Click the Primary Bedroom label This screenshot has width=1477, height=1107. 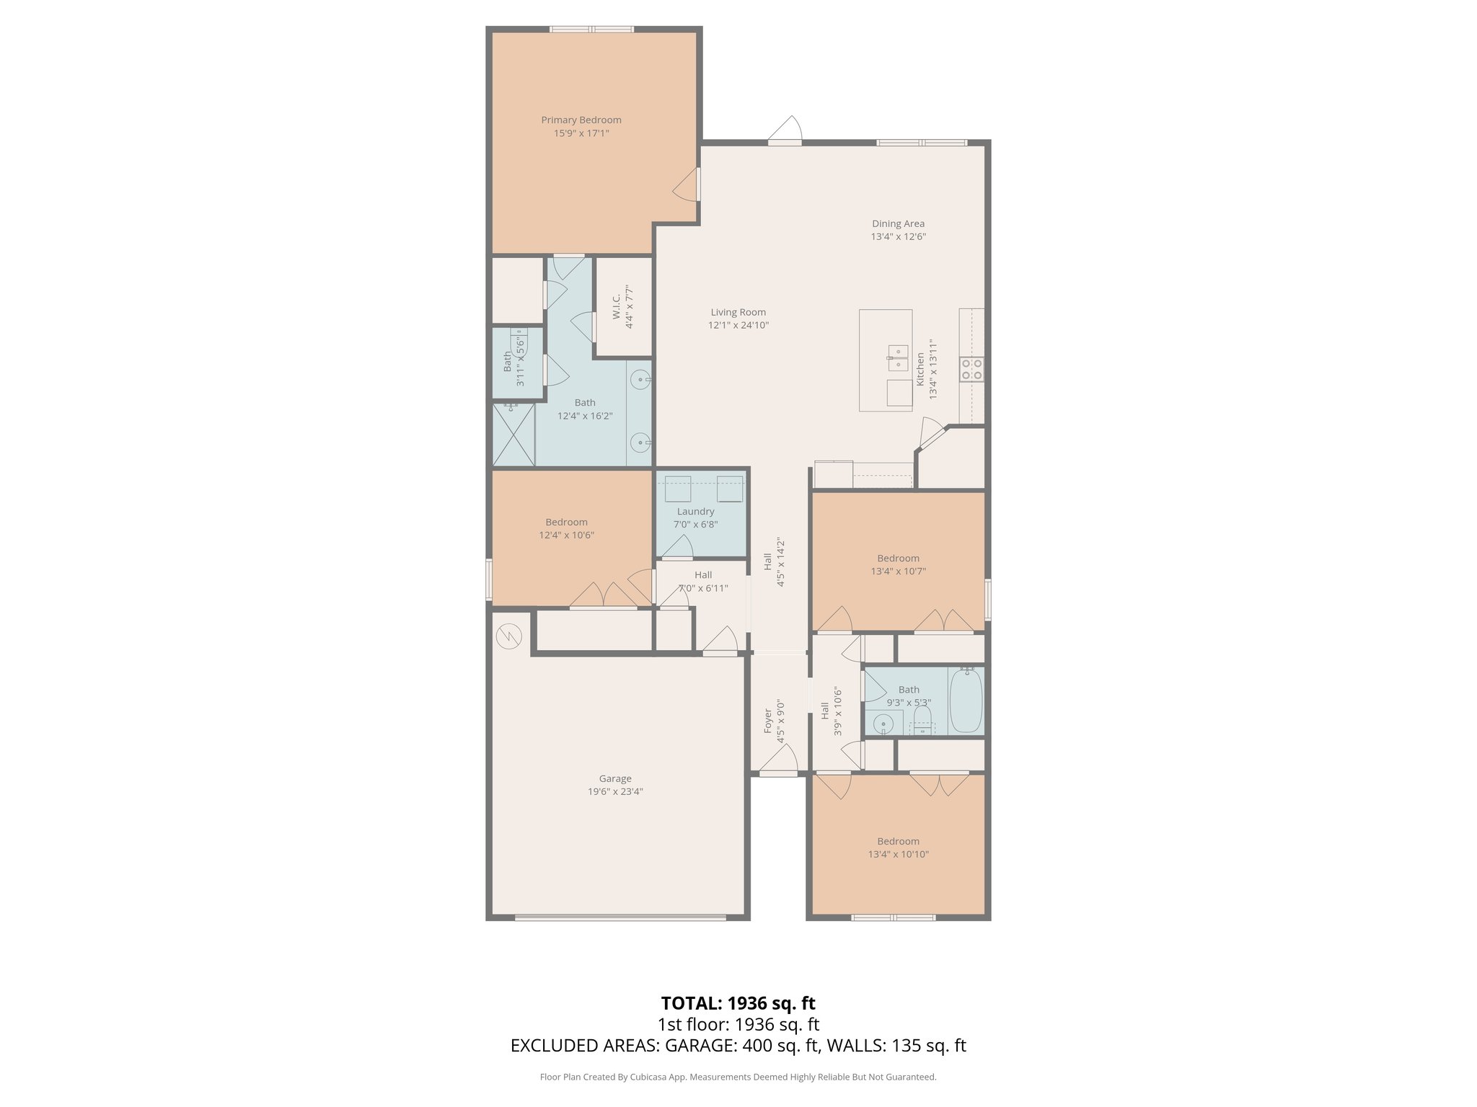click(x=581, y=120)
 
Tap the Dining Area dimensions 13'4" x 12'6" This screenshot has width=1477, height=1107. click(x=898, y=236)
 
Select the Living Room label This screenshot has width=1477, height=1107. click(x=738, y=312)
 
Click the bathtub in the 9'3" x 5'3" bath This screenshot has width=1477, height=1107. click(x=966, y=701)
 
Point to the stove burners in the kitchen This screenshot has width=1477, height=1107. click(x=971, y=370)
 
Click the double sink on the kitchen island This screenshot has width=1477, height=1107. click(x=897, y=352)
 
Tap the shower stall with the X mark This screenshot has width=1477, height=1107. click(x=513, y=435)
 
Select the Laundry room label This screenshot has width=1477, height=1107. click(x=695, y=512)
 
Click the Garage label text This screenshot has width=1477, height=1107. click(x=615, y=778)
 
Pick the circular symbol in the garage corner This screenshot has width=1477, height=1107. click(x=509, y=636)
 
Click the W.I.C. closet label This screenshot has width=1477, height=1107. click(x=617, y=307)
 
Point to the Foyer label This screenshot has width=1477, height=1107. click(x=768, y=721)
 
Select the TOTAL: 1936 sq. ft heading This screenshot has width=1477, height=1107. click(x=738, y=1003)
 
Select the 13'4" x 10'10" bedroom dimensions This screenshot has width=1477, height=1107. click(x=898, y=854)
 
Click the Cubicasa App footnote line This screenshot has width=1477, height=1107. click(x=738, y=1077)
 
